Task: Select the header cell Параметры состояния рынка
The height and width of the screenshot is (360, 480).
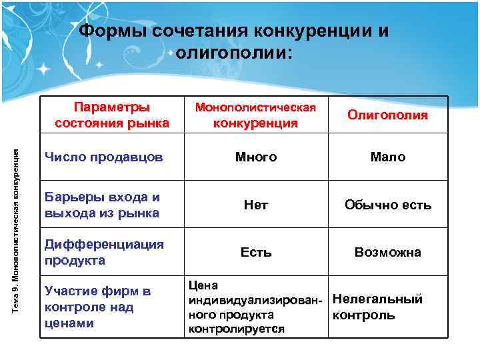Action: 112,115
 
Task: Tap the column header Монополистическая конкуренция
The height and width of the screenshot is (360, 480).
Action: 255,115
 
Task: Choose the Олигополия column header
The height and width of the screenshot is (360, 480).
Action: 387,115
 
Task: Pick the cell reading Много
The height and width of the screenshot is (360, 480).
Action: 255,157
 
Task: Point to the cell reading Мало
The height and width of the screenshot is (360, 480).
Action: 387,157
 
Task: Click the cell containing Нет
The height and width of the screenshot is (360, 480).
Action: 255,205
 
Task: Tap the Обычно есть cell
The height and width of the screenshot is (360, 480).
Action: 387,205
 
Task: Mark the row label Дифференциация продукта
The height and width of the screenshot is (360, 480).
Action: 103,252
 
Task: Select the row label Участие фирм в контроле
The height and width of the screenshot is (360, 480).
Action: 97,307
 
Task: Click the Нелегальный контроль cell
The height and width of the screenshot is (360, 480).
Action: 377,307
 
